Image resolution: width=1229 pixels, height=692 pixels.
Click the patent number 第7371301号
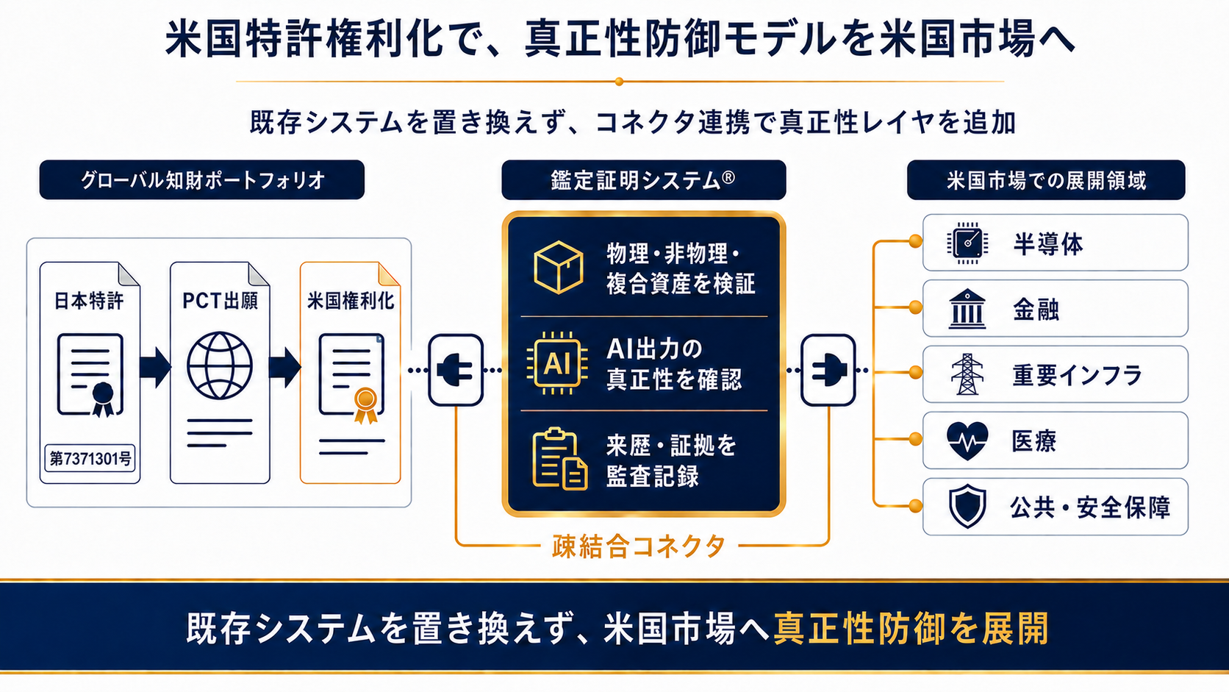click(x=90, y=458)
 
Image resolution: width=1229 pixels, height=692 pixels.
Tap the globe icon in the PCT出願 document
click(x=220, y=365)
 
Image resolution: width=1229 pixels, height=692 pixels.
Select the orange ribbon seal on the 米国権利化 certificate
click(x=365, y=405)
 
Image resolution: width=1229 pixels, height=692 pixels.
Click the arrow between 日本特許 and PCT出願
click(x=155, y=367)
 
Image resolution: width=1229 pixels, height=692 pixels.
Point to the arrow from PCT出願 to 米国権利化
click(x=284, y=367)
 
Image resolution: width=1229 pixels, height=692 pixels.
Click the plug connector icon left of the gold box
click(x=456, y=370)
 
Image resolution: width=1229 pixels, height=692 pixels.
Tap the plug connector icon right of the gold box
click(x=828, y=370)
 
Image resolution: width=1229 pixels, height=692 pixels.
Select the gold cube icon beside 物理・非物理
click(x=559, y=267)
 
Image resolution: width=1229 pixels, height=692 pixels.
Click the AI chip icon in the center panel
click(x=557, y=363)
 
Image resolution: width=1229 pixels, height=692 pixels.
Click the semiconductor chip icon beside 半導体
click(x=967, y=243)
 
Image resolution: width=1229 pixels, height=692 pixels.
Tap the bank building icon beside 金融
click(x=967, y=308)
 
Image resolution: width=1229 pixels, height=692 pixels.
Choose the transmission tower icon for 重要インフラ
click(x=967, y=374)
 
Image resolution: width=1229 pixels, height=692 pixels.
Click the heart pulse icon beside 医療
click(x=967, y=440)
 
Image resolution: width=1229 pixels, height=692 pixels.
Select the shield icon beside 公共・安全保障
click(x=967, y=506)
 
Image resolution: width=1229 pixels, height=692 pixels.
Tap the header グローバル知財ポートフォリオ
click(x=202, y=180)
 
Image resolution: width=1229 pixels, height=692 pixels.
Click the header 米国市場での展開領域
click(x=1046, y=180)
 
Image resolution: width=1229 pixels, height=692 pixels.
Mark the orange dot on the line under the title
click(x=620, y=82)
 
